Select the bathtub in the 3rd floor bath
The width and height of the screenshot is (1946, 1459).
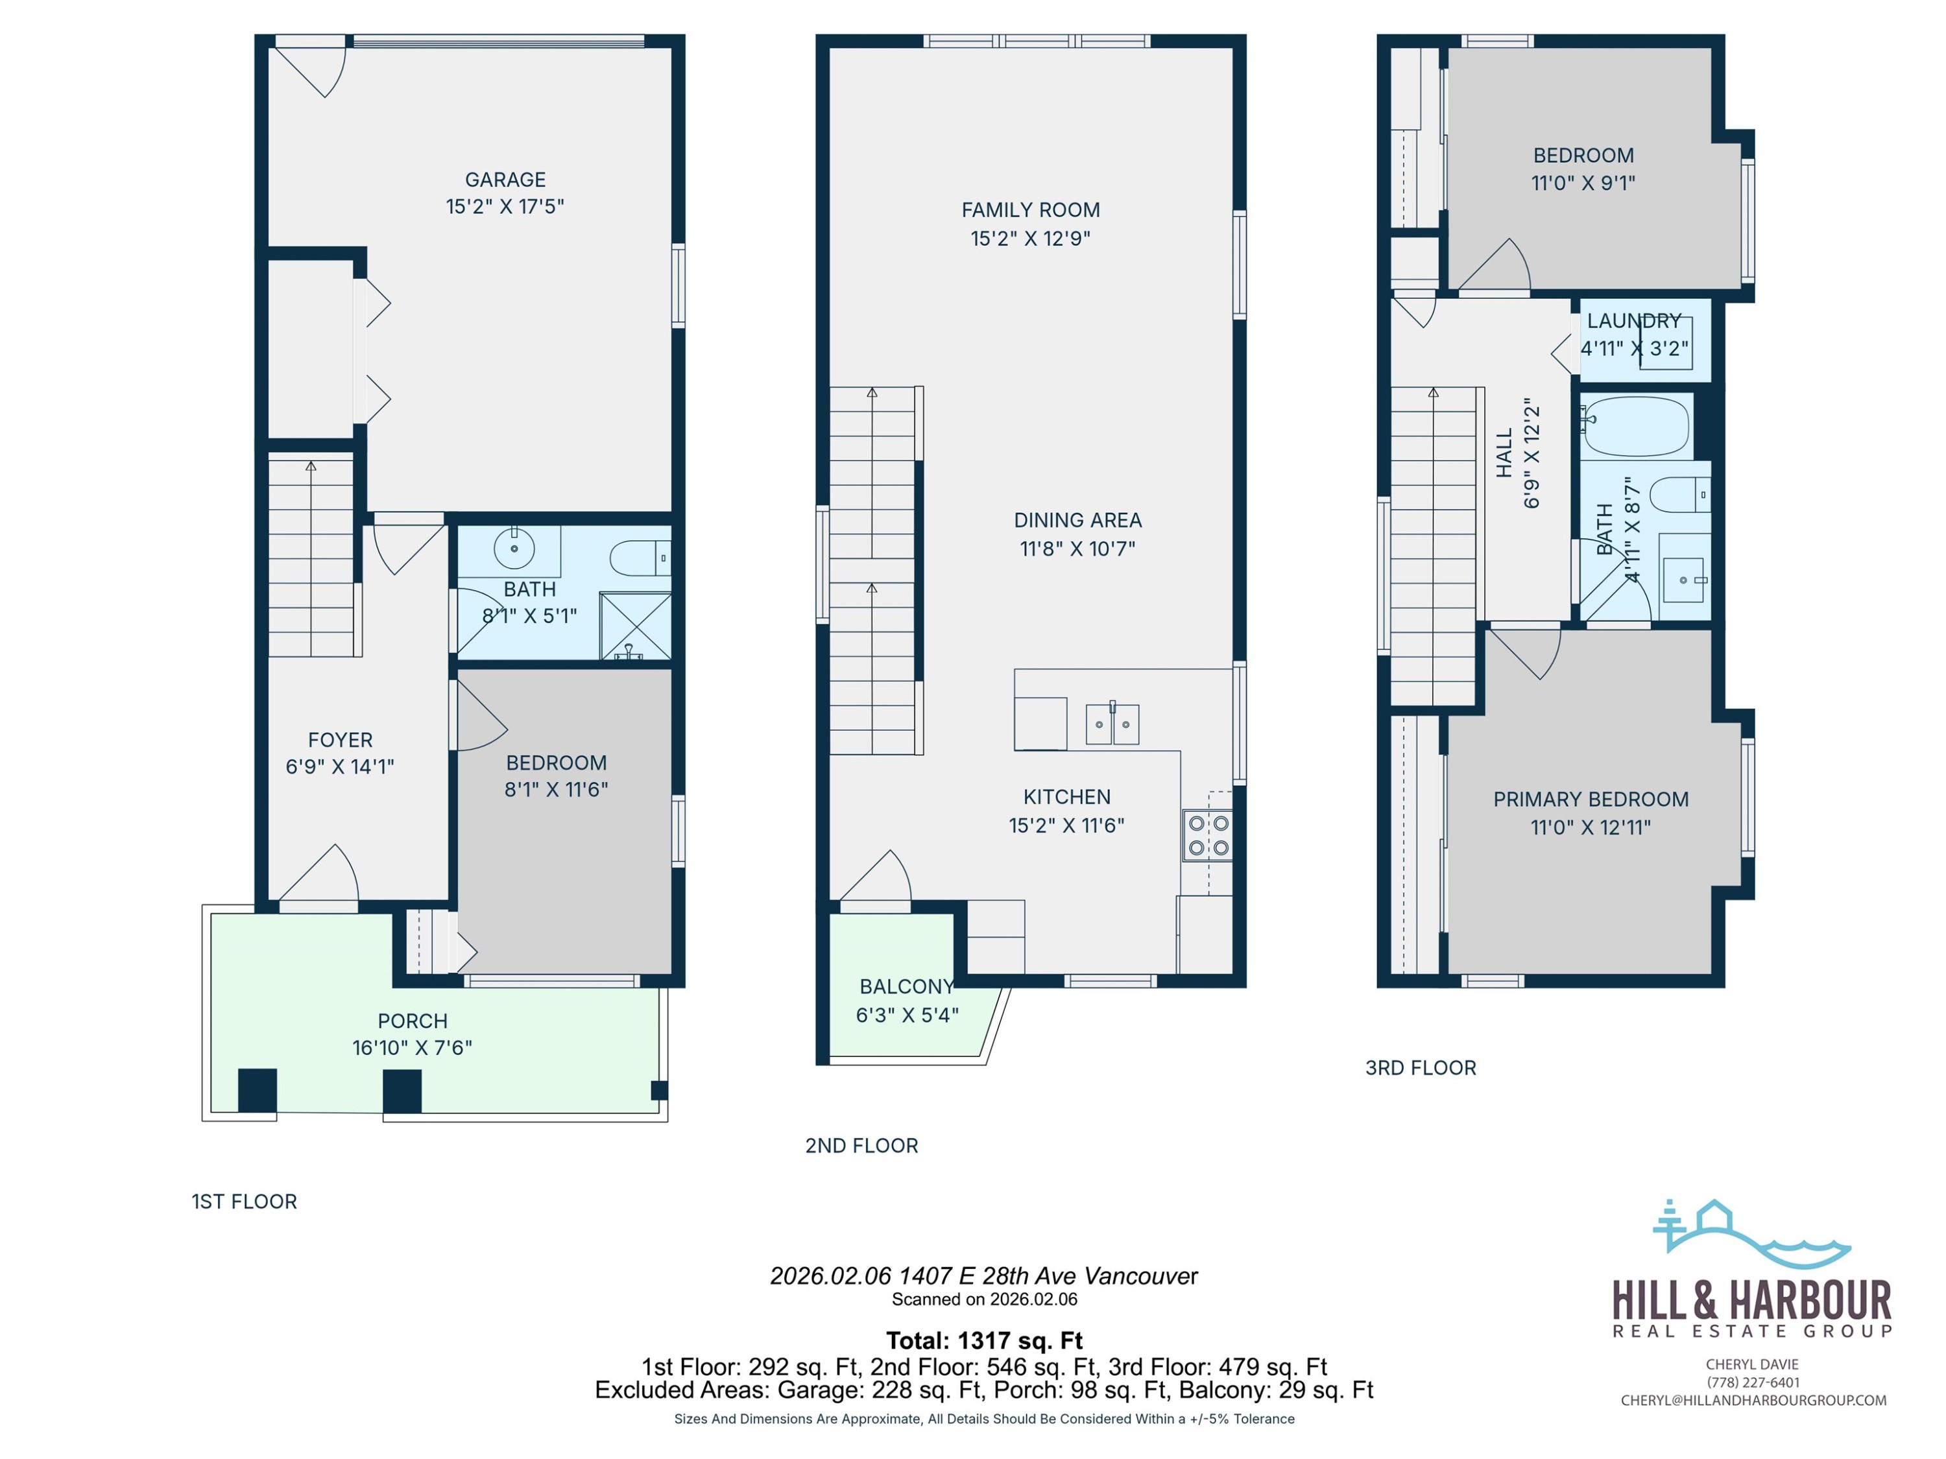(1635, 425)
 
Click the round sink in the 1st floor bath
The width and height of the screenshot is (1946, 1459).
(514, 549)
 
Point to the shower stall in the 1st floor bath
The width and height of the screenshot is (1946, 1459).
(635, 625)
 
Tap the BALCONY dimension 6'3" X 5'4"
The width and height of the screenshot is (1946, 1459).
(907, 1015)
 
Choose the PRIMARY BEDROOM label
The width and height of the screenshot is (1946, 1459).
(1591, 800)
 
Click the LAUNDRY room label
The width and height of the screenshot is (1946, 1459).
(1634, 321)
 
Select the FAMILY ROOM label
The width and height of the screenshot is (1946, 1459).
(1030, 210)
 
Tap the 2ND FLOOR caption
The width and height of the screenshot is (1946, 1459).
(861, 1145)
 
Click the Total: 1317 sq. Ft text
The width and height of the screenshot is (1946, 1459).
(983, 1340)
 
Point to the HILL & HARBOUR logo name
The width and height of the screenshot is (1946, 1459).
(1751, 1300)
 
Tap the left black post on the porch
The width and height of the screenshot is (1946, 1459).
(258, 1091)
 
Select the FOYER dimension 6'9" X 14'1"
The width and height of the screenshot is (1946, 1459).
(340, 766)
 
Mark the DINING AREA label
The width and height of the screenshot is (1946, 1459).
(1077, 520)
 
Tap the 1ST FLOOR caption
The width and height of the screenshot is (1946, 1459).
(245, 1202)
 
